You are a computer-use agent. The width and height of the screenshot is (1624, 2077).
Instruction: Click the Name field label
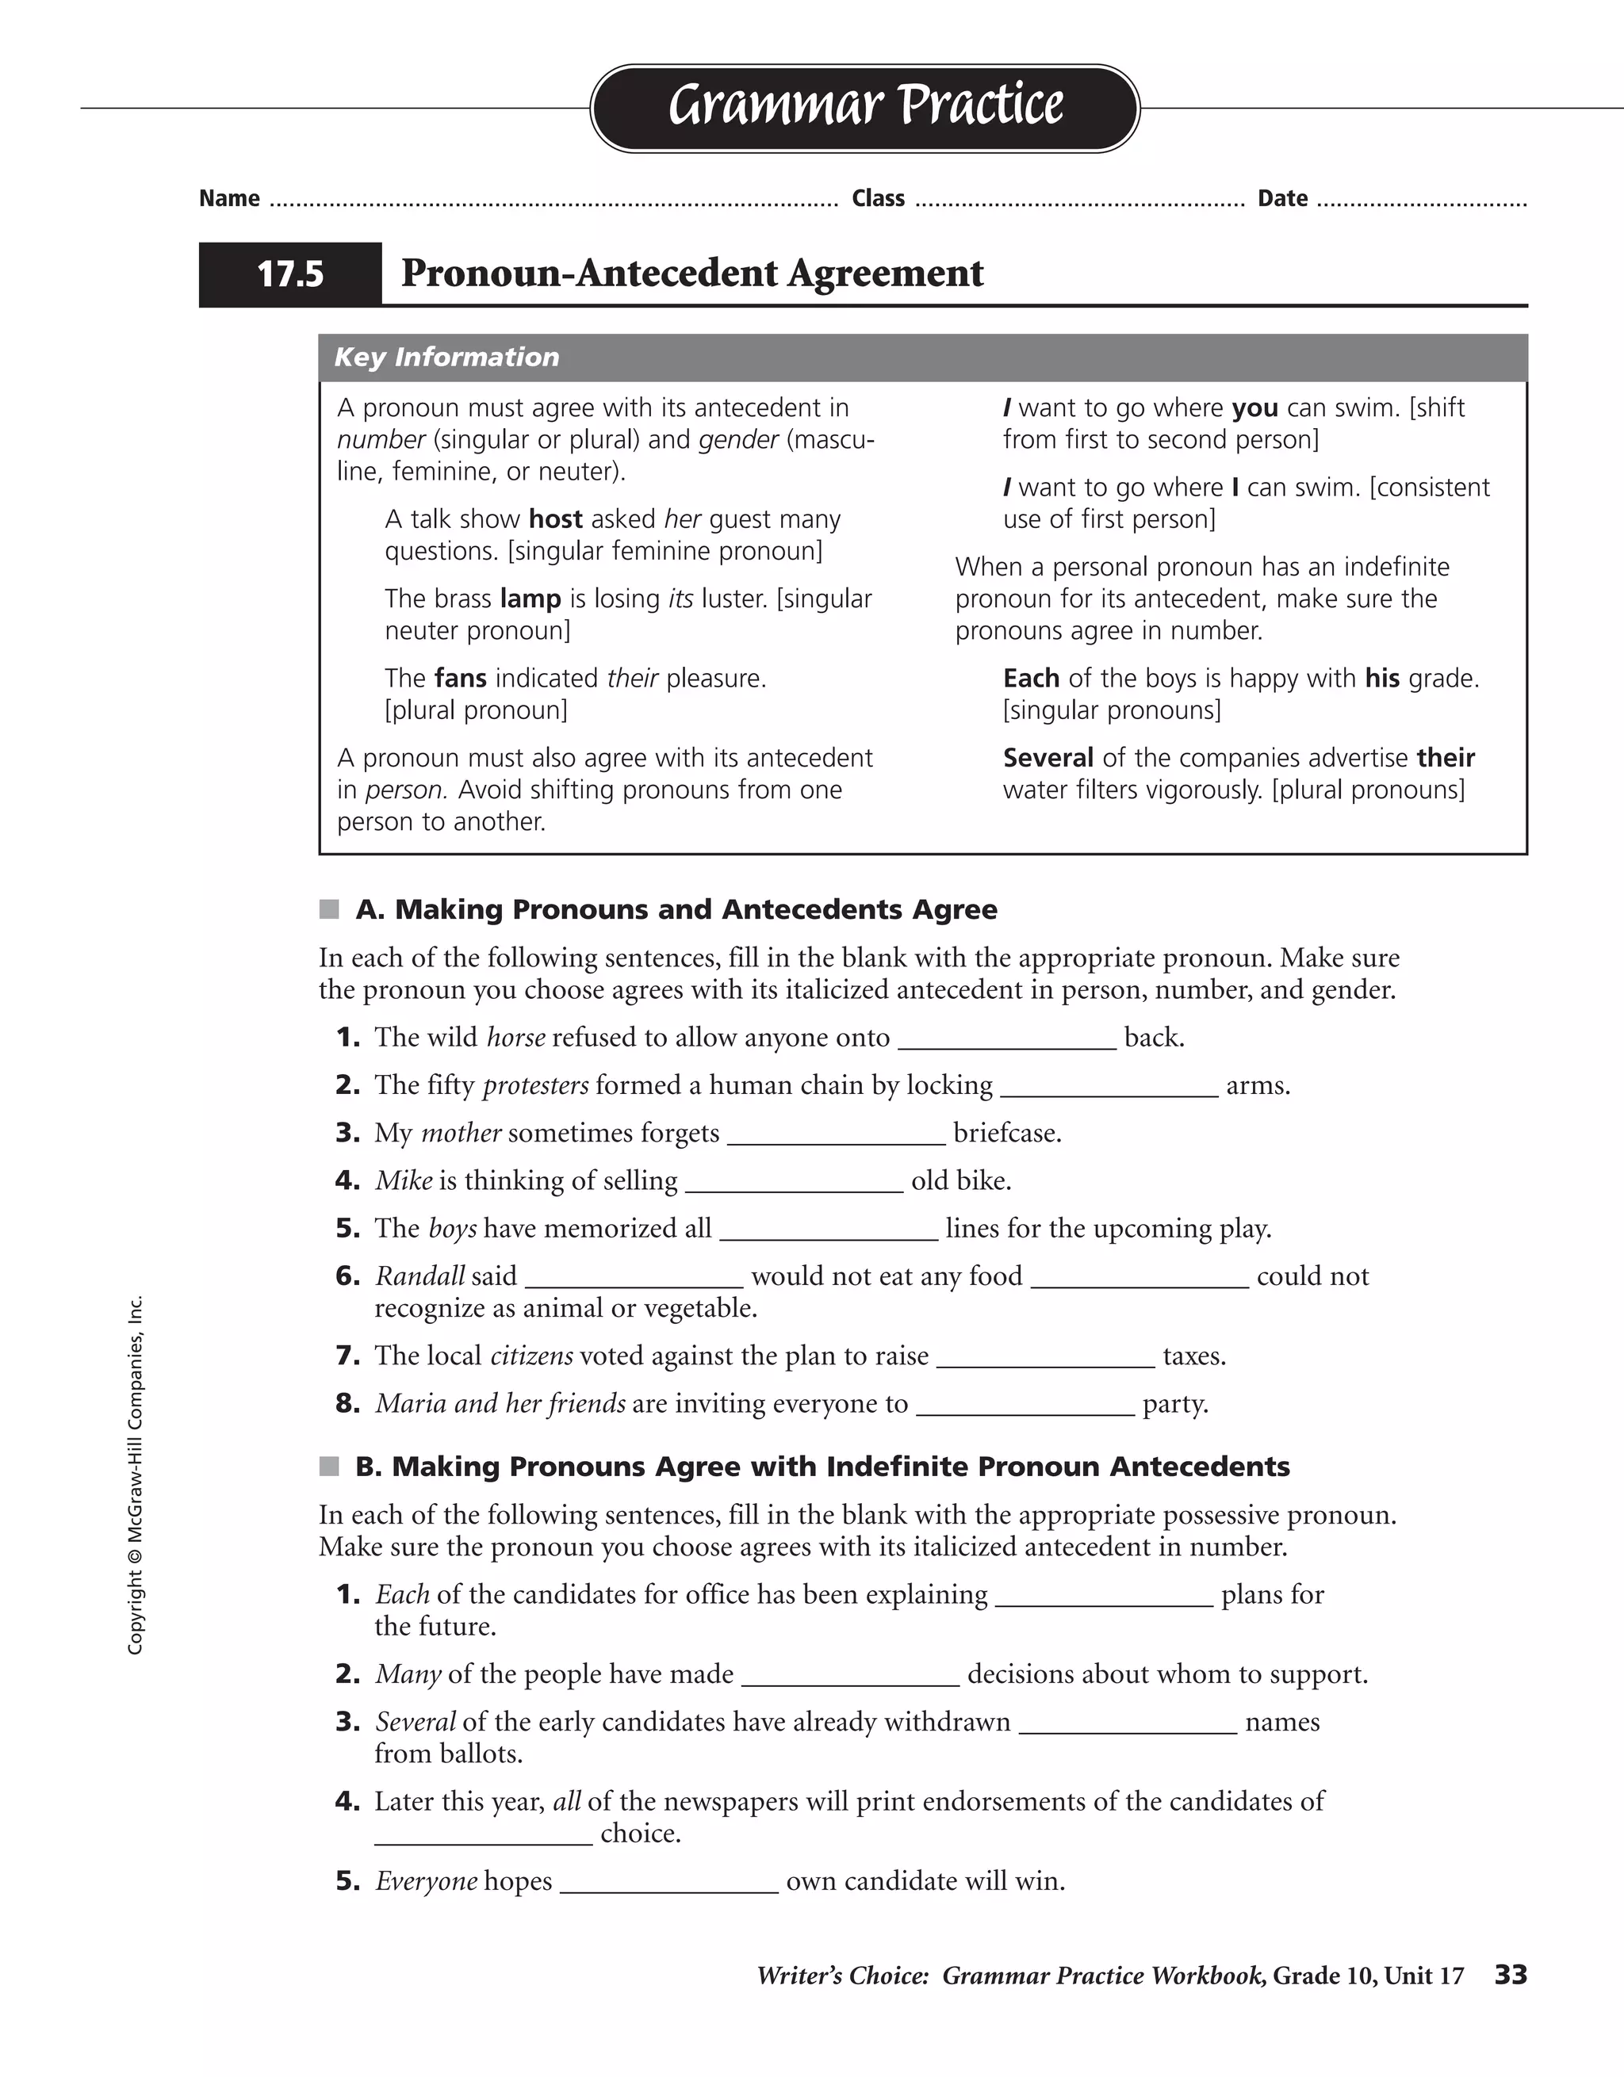pyautogui.click(x=229, y=199)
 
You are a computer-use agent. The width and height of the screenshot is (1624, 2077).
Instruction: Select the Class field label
pyautogui.click(x=878, y=199)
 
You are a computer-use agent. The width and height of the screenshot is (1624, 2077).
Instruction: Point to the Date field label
pyautogui.click(x=1282, y=199)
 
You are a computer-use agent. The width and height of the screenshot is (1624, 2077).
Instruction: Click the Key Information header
pyautogui.click(x=447, y=358)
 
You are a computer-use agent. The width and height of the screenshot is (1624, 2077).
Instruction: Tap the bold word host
pyautogui.click(x=556, y=519)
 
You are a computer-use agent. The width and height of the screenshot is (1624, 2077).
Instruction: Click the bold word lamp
pyautogui.click(x=530, y=599)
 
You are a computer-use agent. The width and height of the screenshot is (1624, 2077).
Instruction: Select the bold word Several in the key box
pyautogui.click(x=1048, y=758)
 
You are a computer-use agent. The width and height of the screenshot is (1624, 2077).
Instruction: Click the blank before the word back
pyautogui.click(x=1006, y=1039)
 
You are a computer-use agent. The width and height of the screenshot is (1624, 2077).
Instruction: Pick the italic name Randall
pyautogui.click(x=419, y=1276)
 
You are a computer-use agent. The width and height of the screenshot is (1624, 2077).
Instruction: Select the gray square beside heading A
pyautogui.click(x=329, y=910)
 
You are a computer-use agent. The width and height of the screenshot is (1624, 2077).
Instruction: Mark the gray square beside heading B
pyautogui.click(x=329, y=1467)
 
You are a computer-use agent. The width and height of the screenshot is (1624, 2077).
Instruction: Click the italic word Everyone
pyautogui.click(x=425, y=1881)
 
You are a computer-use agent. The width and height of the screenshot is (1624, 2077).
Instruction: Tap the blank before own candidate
pyautogui.click(x=668, y=1884)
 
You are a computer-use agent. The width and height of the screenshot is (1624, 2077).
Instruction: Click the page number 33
pyautogui.click(x=1510, y=1976)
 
